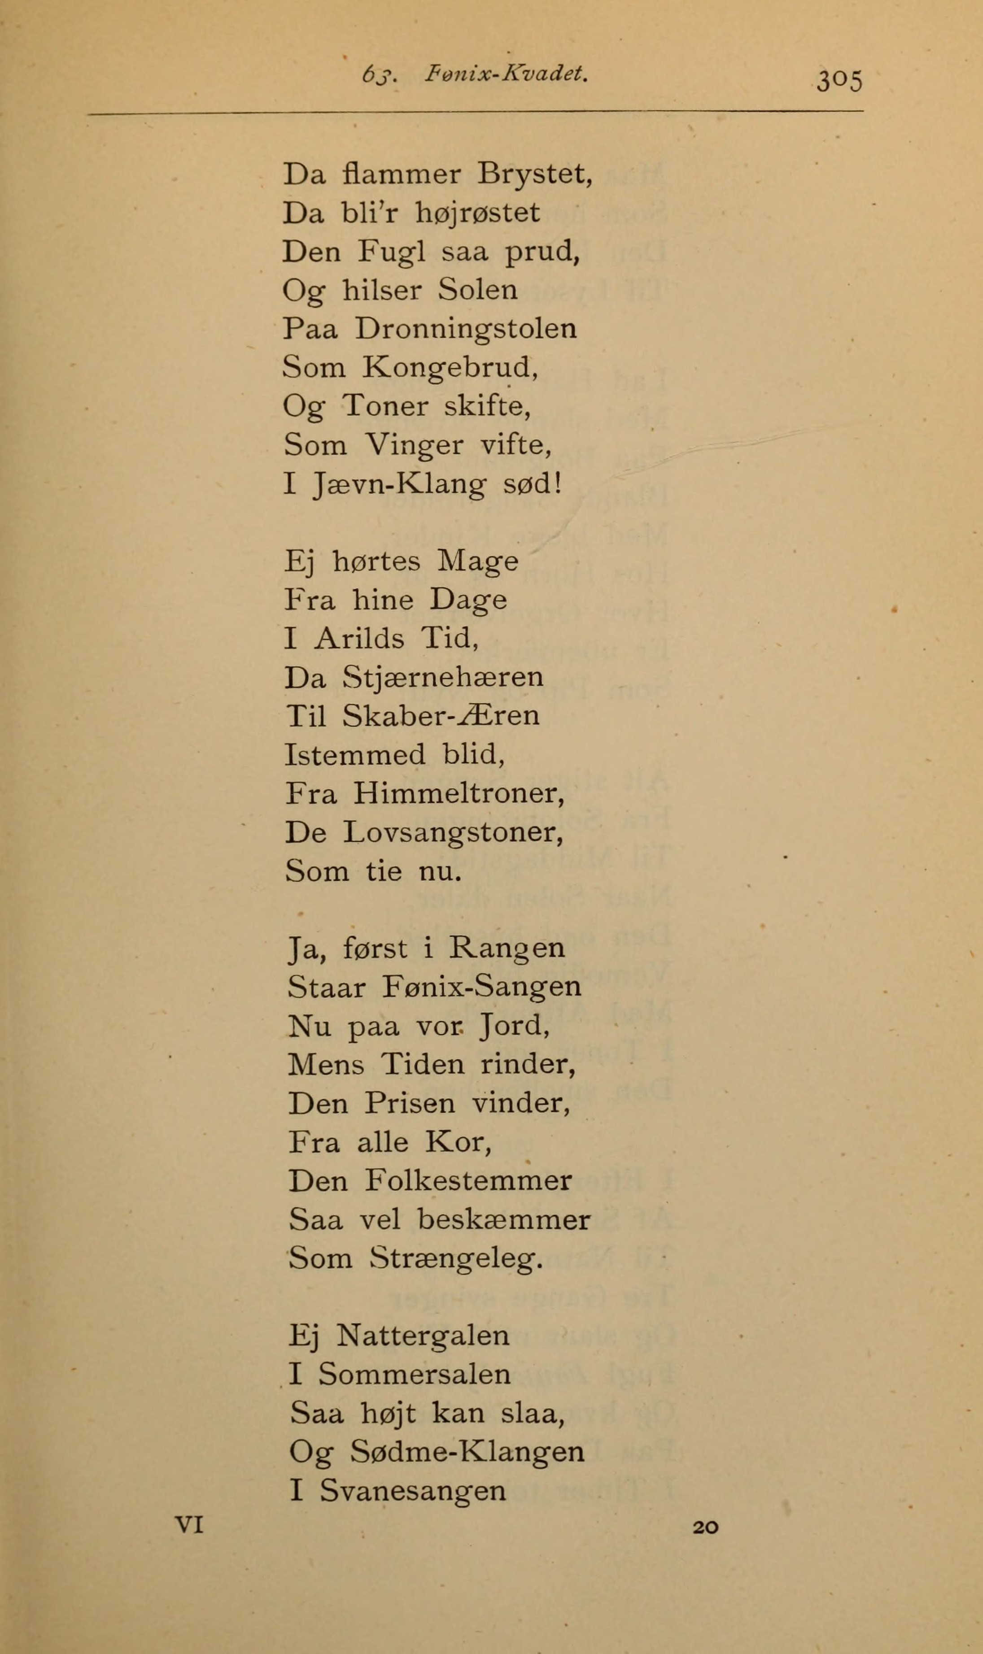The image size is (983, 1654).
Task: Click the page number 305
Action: pyautogui.click(x=839, y=81)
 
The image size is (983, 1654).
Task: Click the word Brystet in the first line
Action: pyautogui.click(x=534, y=175)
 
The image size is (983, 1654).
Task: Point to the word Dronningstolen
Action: pyautogui.click(x=466, y=330)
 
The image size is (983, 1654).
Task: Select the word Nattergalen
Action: pyautogui.click(x=423, y=1336)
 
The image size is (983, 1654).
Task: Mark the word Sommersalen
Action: pyautogui.click(x=415, y=1375)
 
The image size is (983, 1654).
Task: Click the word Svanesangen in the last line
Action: pyautogui.click(x=413, y=1491)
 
